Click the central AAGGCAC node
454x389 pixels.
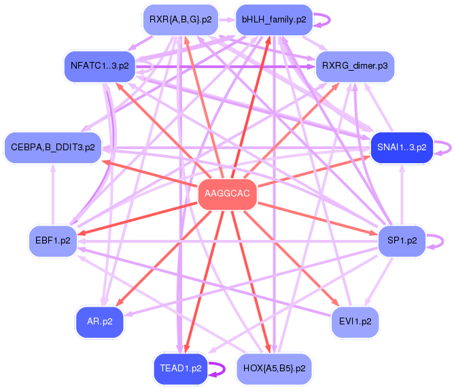[x=227, y=194]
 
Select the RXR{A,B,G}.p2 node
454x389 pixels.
[x=180, y=20]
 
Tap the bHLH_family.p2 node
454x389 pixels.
[x=273, y=20]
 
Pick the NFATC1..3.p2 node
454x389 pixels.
[x=99, y=66]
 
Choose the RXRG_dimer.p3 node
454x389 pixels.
[x=355, y=66]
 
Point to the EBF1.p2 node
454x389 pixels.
[x=53, y=241]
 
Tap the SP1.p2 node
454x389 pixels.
[x=401, y=241]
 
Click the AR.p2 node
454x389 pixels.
[x=100, y=321]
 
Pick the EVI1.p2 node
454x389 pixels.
[x=354, y=321]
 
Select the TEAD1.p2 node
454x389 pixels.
[x=180, y=369]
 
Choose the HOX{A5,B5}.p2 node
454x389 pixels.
[x=273, y=369]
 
